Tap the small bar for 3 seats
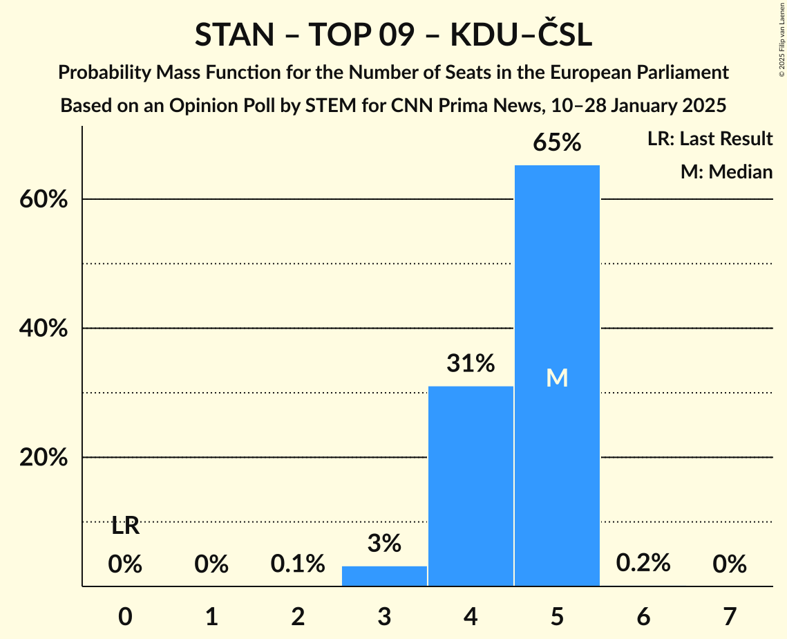(x=384, y=575)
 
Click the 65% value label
(x=557, y=143)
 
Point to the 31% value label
(x=471, y=363)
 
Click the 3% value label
(x=384, y=544)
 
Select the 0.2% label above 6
(x=643, y=563)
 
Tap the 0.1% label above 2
(x=298, y=564)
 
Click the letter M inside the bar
(x=557, y=378)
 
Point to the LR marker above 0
(x=125, y=526)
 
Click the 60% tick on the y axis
(x=43, y=200)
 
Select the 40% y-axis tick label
(x=43, y=329)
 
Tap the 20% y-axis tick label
(x=43, y=458)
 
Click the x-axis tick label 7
(x=730, y=616)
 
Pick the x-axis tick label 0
(x=125, y=616)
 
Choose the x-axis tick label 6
(x=643, y=616)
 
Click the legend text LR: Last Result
(x=710, y=139)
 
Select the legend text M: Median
(x=726, y=172)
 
